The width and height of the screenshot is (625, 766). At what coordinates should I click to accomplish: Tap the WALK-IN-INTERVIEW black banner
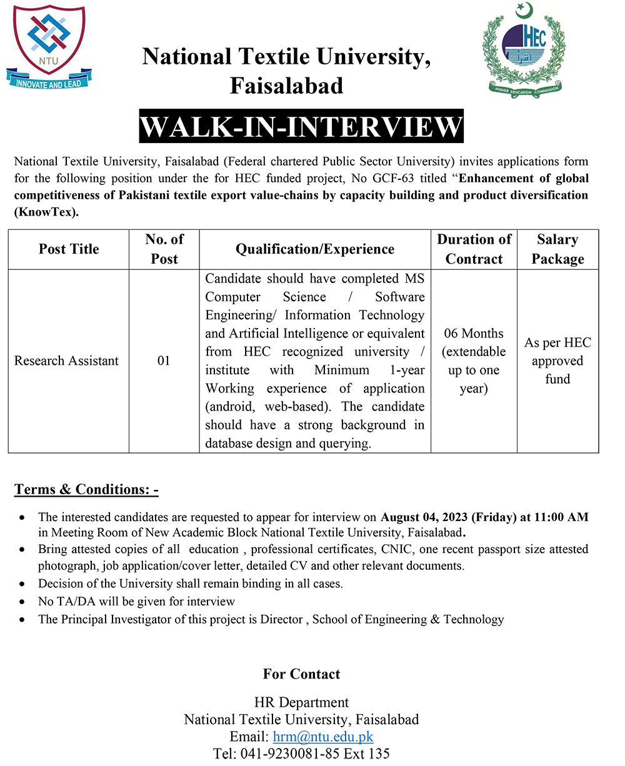pyautogui.click(x=301, y=127)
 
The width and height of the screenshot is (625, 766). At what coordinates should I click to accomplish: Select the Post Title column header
pyautogui.click(x=69, y=249)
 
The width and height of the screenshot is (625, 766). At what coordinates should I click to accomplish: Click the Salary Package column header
pyautogui.click(x=557, y=249)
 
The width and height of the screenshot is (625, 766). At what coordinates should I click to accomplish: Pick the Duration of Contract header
pyautogui.click(x=474, y=249)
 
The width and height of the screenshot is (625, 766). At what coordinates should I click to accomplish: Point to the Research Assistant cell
pyautogui.click(x=66, y=361)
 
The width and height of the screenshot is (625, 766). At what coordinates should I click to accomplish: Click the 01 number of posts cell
pyautogui.click(x=164, y=361)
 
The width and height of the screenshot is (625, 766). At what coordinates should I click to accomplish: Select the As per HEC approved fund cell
pyautogui.click(x=557, y=361)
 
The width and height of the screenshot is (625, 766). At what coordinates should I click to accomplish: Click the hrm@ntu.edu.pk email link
pyautogui.click(x=323, y=737)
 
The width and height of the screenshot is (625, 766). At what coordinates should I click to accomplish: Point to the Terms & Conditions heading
pyautogui.click(x=86, y=489)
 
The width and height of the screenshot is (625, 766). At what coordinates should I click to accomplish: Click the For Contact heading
pyautogui.click(x=301, y=674)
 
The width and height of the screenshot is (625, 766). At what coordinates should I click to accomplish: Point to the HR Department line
pyautogui.click(x=301, y=703)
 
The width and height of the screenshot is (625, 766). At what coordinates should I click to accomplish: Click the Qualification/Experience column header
pyautogui.click(x=314, y=249)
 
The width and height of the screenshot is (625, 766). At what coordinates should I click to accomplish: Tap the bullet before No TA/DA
pyautogui.click(x=23, y=602)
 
